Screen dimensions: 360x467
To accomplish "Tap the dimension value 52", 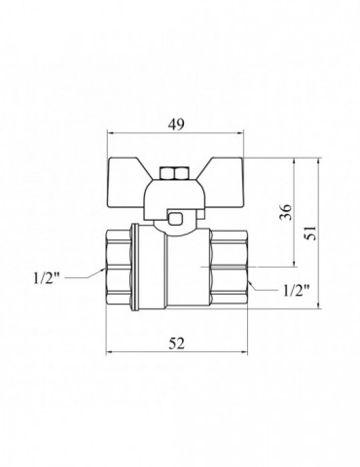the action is pyautogui.click(x=177, y=343).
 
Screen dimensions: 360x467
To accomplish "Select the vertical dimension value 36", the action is pyautogui.click(x=286, y=212).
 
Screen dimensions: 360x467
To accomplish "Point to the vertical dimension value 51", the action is pyautogui.click(x=310, y=233).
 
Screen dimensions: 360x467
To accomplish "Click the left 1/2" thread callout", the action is pyautogui.click(x=47, y=278).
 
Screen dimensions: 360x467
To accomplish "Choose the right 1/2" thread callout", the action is pyautogui.click(x=297, y=291).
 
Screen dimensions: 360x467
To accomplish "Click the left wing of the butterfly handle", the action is pyautogui.click(x=126, y=183).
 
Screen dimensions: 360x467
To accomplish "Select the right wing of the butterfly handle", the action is pyautogui.click(x=224, y=183).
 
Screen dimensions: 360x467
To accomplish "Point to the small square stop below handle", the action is pyautogui.click(x=175, y=218).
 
